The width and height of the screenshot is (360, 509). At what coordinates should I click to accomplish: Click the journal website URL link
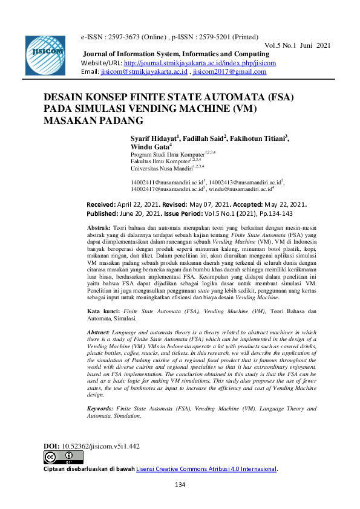point(199,63)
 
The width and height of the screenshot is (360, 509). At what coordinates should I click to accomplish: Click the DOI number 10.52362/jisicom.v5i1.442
point(100,446)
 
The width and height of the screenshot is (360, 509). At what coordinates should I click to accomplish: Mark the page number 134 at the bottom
point(180,485)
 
